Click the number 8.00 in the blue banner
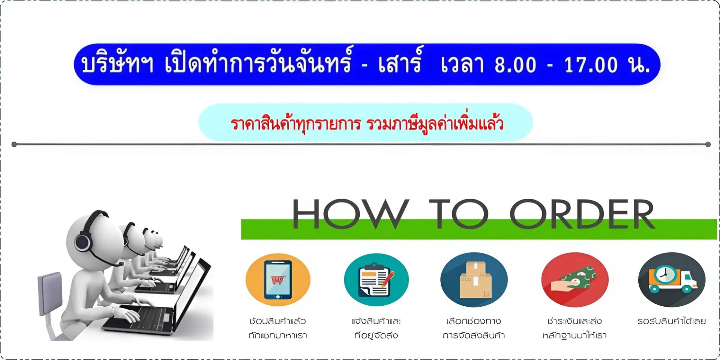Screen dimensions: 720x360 point(515,64)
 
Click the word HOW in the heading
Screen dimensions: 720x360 point(350,214)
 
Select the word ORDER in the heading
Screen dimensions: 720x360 point(582,214)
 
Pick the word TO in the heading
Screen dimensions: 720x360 point(459,214)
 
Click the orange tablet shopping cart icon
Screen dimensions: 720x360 point(278,280)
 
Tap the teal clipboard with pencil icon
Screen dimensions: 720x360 point(376,280)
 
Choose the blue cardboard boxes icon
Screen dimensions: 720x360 point(474,280)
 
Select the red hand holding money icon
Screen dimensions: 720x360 point(575,280)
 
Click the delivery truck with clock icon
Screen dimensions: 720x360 point(672,280)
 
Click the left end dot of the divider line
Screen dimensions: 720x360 point(14,144)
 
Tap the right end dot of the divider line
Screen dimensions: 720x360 point(708,144)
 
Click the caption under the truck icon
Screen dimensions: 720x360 point(672,321)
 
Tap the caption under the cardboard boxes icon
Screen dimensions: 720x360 point(474,328)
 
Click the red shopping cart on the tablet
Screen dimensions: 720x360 point(278,280)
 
